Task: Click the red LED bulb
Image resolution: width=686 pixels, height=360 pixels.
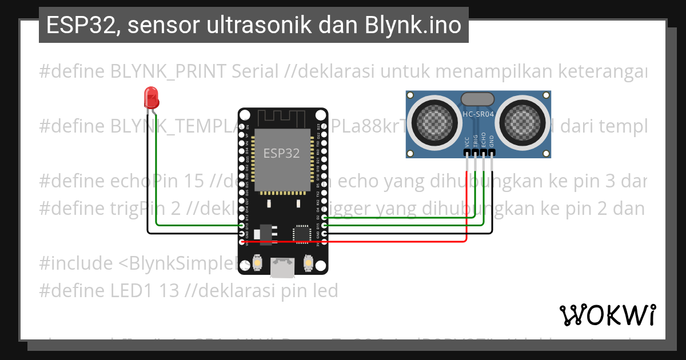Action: [x=151, y=97]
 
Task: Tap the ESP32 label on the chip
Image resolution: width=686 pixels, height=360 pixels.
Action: [x=281, y=153]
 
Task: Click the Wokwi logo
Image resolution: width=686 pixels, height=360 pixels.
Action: [x=607, y=315]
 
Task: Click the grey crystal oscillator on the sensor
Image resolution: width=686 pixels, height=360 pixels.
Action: [x=478, y=98]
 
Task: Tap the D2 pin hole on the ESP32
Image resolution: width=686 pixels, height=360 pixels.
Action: [x=325, y=218]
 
